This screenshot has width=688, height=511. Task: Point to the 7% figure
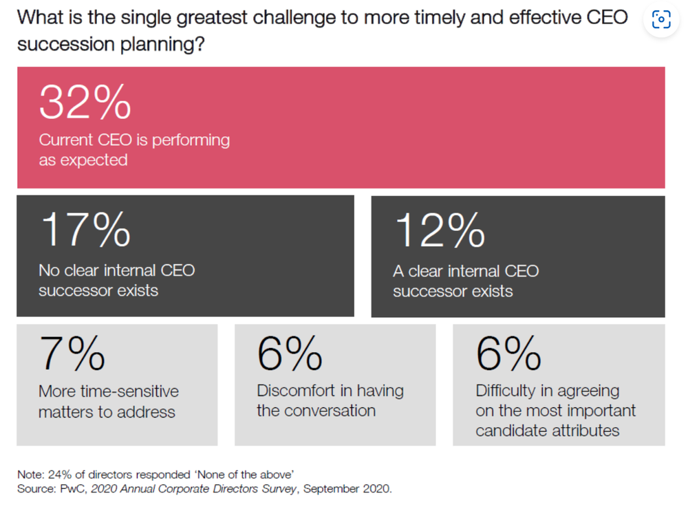(72, 354)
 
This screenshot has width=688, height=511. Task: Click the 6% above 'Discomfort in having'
(290, 354)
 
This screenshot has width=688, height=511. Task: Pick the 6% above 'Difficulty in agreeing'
(508, 354)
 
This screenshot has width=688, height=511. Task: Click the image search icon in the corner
(660, 20)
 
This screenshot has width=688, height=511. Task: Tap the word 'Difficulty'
(505, 391)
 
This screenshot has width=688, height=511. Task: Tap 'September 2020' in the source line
(347, 490)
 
